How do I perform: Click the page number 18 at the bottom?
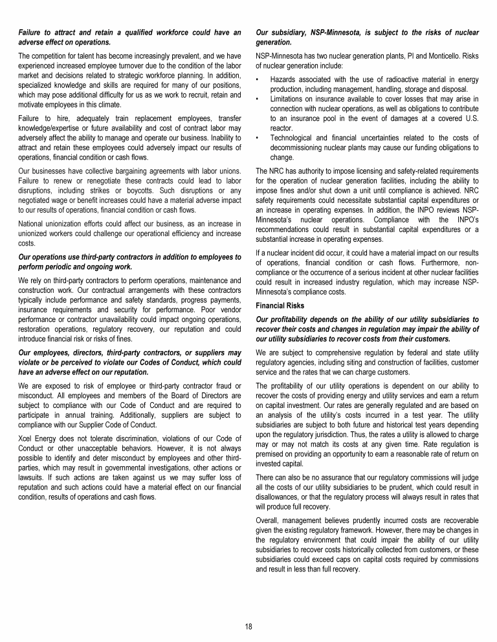(x=248, y=626)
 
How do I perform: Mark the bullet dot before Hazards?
(x=258, y=80)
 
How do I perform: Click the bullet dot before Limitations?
(x=258, y=99)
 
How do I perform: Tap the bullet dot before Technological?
(x=258, y=137)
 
